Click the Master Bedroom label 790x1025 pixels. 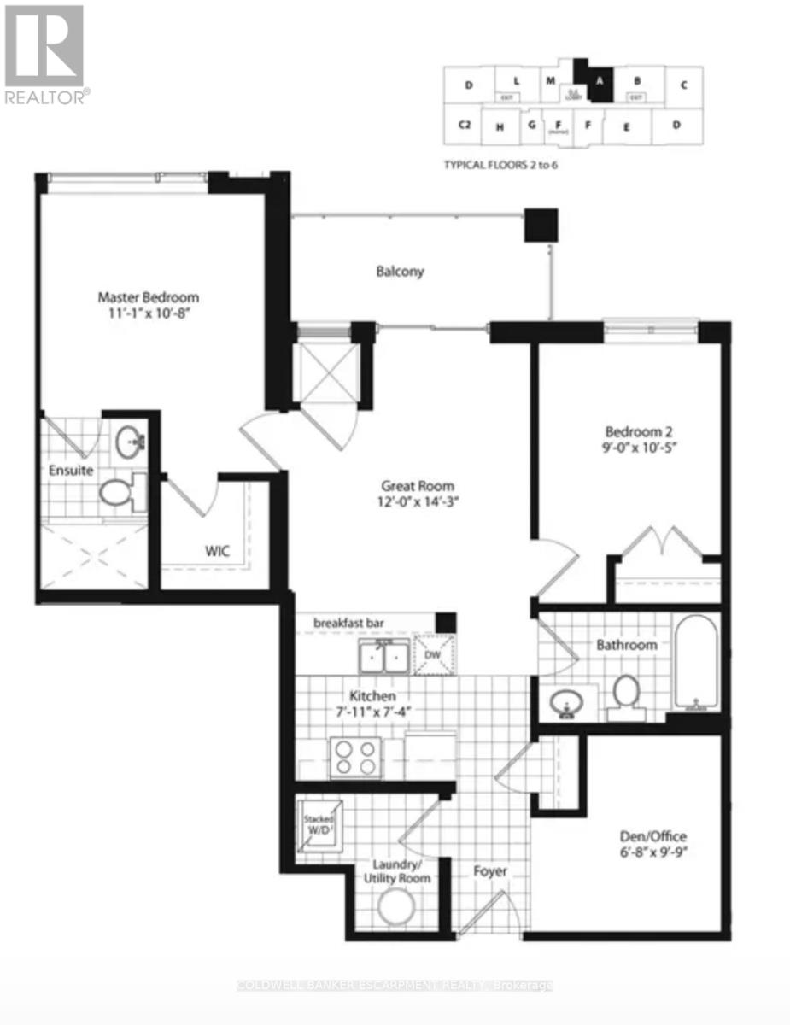[x=148, y=297]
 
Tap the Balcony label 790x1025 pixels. [x=400, y=272]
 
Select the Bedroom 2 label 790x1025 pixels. [x=640, y=430]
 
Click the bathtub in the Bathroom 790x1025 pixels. [x=697, y=662]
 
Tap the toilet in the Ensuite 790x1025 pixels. [x=114, y=492]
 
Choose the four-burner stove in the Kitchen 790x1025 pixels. [x=354, y=755]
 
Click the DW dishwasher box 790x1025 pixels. [x=435, y=655]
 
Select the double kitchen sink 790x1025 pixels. [x=383, y=657]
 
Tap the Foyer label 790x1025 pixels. [x=490, y=871]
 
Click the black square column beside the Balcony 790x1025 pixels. [x=541, y=225]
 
